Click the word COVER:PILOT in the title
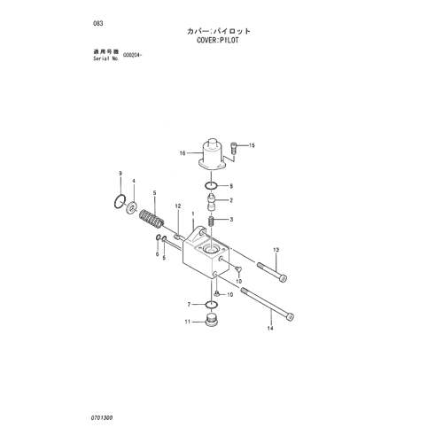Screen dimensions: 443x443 click(218, 40)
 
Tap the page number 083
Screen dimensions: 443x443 click(98, 23)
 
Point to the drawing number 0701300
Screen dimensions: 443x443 click(102, 418)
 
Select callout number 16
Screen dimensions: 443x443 click(183, 153)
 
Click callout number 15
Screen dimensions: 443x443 click(252, 145)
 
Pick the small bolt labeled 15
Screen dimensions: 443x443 click(233, 148)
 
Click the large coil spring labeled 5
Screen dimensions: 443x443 click(152, 219)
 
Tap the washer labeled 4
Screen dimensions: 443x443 click(131, 207)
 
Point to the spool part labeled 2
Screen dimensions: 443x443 click(212, 201)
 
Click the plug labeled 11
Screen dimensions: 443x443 click(211, 321)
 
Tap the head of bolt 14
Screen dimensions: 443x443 click(290, 316)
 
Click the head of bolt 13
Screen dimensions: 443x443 click(284, 278)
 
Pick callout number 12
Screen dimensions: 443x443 click(178, 206)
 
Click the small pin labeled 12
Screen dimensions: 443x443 click(177, 236)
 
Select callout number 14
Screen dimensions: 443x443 click(270, 328)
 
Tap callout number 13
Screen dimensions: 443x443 click(276, 250)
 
